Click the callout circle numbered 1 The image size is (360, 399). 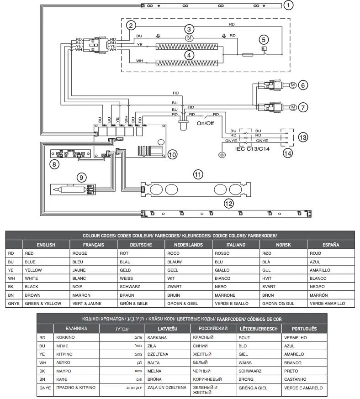tap(288, 5)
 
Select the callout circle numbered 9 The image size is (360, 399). tap(81, 176)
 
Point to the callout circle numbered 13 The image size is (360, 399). tap(302, 137)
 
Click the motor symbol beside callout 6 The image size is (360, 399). tap(293, 84)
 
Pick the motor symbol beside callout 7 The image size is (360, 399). tap(293, 107)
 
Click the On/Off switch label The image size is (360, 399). tap(205, 123)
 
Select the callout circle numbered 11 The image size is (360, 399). tap(197, 174)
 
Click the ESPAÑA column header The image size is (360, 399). tap(331, 245)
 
